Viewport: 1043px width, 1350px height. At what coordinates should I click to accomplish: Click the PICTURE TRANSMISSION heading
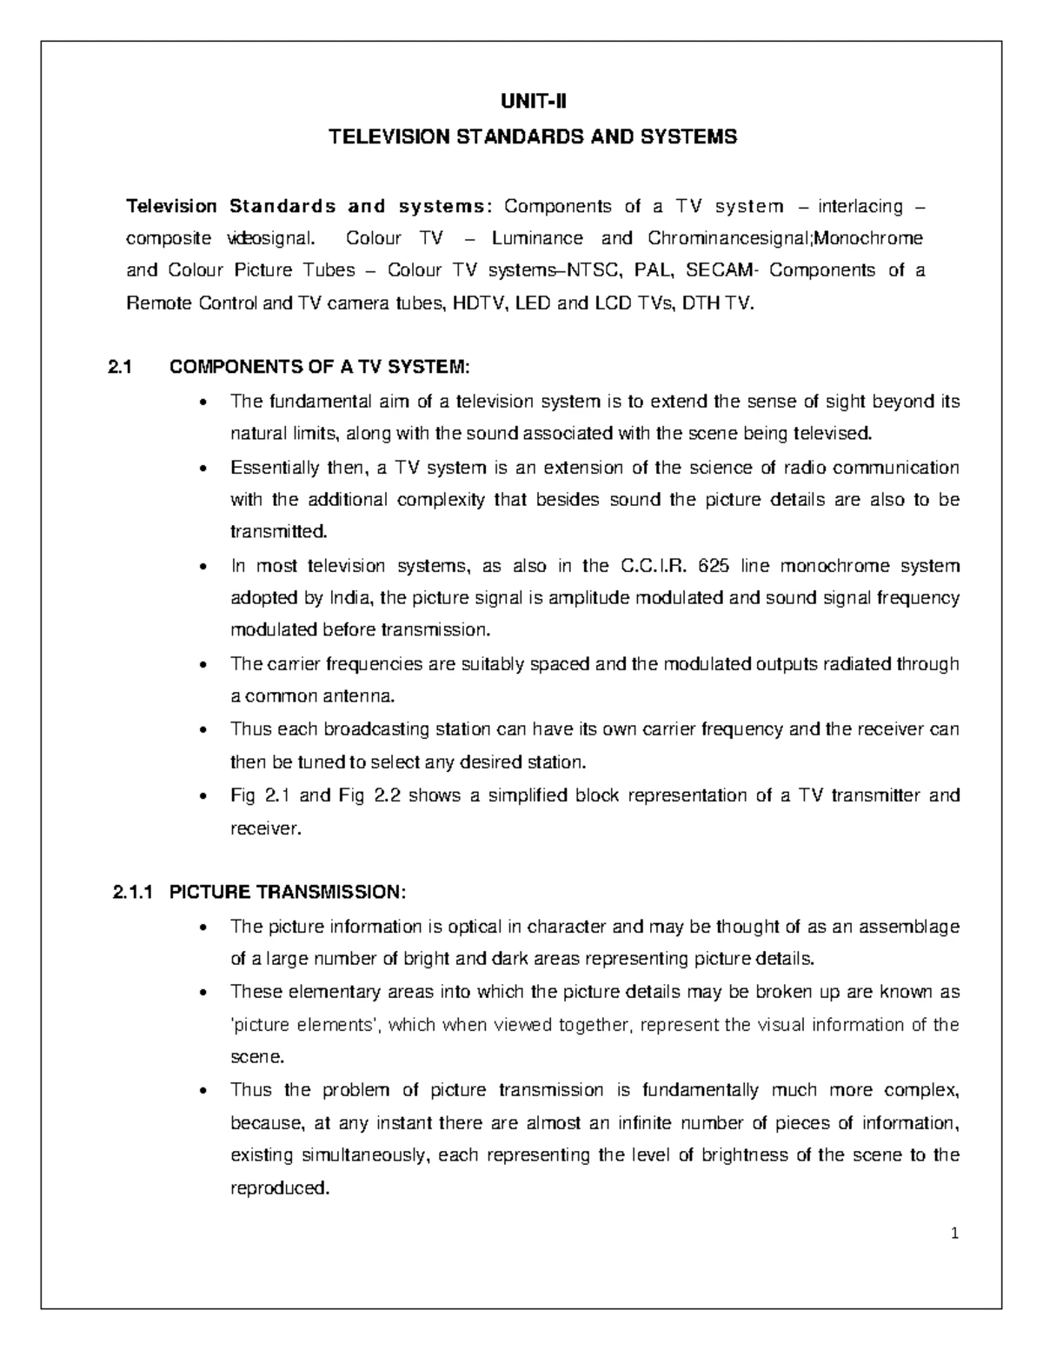pyautogui.click(x=287, y=892)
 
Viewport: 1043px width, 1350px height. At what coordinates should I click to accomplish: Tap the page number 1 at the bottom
pyautogui.click(x=954, y=1233)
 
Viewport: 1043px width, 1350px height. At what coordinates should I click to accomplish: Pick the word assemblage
pyautogui.click(x=909, y=927)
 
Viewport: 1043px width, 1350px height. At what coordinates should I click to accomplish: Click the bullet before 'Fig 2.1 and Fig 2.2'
pyautogui.click(x=203, y=796)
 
